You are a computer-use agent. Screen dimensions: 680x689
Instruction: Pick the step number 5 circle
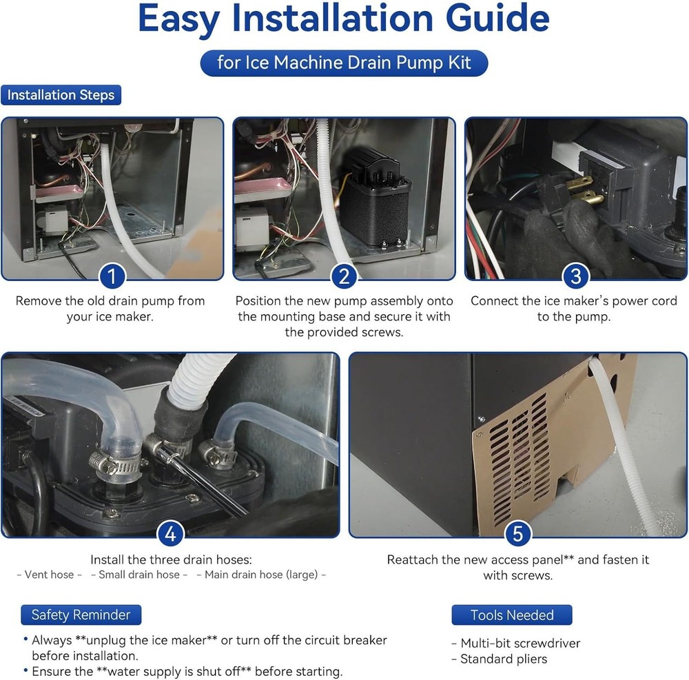(517, 534)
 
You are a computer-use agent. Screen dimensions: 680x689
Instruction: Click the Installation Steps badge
(61, 94)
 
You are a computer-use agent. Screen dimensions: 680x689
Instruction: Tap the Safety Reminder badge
(81, 615)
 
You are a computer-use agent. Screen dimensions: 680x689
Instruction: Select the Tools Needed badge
(512, 615)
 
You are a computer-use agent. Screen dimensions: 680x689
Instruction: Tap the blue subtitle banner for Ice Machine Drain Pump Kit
(344, 63)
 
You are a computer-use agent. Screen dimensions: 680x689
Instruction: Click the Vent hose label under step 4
(49, 575)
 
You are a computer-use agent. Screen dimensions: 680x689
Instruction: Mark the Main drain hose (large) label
(261, 575)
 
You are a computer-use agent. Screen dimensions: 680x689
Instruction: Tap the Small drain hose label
(139, 575)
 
